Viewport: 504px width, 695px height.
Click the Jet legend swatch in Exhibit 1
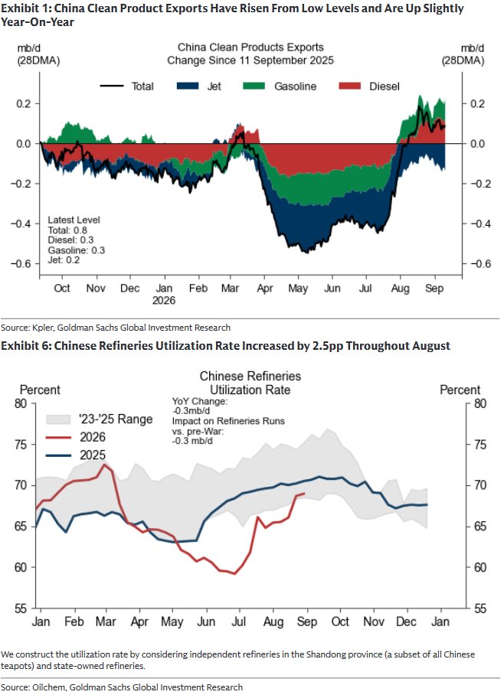click(x=187, y=86)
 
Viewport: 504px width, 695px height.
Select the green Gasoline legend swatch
click(x=254, y=86)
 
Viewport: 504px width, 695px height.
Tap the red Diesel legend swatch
click(x=349, y=86)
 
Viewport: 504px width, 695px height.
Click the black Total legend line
click(x=112, y=86)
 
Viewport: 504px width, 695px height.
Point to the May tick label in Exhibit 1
click(x=298, y=289)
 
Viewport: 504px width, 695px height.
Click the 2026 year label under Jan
click(x=164, y=301)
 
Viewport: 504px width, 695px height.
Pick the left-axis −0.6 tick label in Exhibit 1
click(x=21, y=264)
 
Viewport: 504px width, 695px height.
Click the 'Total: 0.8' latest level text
click(x=67, y=230)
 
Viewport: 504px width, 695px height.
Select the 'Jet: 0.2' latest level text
click(x=64, y=259)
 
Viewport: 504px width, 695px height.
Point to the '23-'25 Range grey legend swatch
click(x=58, y=419)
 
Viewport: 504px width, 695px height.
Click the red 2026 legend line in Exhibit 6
click(x=58, y=438)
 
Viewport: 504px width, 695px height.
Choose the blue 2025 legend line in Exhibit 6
click(x=58, y=455)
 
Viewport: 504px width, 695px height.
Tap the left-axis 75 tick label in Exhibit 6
click(x=21, y=445)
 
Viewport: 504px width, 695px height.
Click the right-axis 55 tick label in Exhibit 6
click(x=480, y=609)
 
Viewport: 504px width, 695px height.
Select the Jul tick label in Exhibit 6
click(x=239, y=622)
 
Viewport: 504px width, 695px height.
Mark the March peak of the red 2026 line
click(x=104, y=464)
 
